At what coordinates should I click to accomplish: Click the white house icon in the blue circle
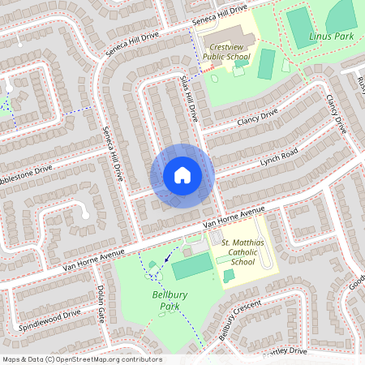(182, 175)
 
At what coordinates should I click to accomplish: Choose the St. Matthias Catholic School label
(231, 251)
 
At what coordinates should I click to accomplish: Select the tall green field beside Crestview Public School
(266, 63)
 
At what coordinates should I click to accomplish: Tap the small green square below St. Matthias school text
(230, 277)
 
